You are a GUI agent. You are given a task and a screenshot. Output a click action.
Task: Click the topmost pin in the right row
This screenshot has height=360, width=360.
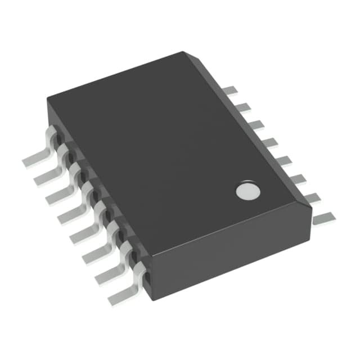pyautogui.click(x=229, y=90)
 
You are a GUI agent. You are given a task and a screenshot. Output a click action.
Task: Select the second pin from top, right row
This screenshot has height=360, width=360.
pyautogui.click(x=242, y=107)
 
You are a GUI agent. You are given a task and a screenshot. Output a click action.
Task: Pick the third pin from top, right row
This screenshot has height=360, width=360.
pyautogui.click(x=256, y=124)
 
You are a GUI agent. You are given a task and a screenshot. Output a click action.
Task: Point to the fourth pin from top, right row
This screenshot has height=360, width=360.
pyautogui.click(x=271, y=142)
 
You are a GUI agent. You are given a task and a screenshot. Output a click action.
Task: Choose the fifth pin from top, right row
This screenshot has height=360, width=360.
pyautogui.click(x=284, y=160)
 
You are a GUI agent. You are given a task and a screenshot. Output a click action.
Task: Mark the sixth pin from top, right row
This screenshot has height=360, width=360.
pyautogui.click(x=298, y=179)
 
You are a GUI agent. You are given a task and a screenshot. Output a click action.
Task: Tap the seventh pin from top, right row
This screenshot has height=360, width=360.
pyautogui.click(x=312, y=197)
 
